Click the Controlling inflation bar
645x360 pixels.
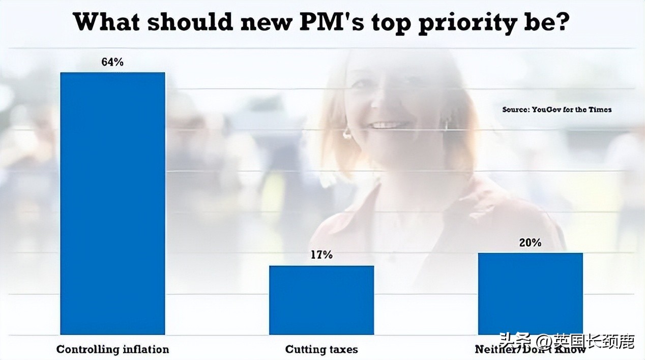click(112, 203)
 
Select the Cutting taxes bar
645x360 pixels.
click(321, 300)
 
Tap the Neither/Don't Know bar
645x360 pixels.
click(530, 293)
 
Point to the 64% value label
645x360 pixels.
click(112, 63)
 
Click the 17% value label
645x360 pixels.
click(321, 255)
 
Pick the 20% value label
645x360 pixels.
click(530, 243)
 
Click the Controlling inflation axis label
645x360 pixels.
click(112, 349)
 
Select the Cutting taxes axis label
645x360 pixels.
click(321, 349)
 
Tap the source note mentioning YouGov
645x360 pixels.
click(556, 109)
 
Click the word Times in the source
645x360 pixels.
click(601, 109)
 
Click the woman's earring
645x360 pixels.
click(347, 134)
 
